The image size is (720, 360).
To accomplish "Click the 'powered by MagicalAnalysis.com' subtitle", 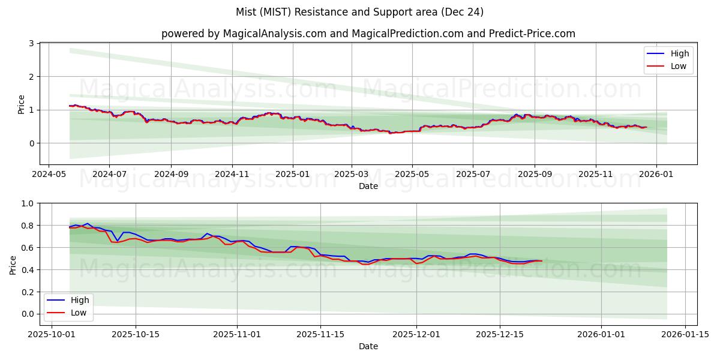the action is pos(368,34).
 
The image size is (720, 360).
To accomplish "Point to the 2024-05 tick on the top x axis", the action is pos(49,174).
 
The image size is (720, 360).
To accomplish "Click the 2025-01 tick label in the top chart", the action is pos(293,174).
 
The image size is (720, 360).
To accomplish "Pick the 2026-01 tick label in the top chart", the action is pos(656,174).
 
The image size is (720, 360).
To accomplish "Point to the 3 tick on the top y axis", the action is pos(32,44).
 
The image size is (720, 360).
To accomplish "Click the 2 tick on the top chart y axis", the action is pos(32,77).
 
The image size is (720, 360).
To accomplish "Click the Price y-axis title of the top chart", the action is pos(22,104).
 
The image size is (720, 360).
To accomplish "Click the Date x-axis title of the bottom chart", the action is pos(368,346).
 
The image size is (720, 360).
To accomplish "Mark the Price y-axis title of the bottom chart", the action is pos(13,265).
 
